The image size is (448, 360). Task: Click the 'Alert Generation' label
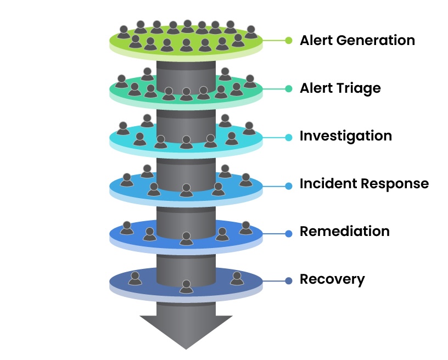[357, 41]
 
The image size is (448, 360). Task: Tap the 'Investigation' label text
[345, 136]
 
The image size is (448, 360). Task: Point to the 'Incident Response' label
[363, 184]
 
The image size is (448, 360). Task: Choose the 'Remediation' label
[344, 232]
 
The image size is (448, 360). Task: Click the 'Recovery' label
[332, 279]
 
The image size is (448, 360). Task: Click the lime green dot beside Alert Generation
[289, 40]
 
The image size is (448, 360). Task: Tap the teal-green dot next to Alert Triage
[289, 88]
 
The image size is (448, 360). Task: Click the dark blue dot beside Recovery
[289, 282]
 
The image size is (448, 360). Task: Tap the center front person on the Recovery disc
[186, 286]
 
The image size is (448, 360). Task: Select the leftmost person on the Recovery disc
[135, 278]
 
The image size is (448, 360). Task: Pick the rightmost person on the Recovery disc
[237, 278]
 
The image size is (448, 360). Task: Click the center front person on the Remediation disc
[186, 239]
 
